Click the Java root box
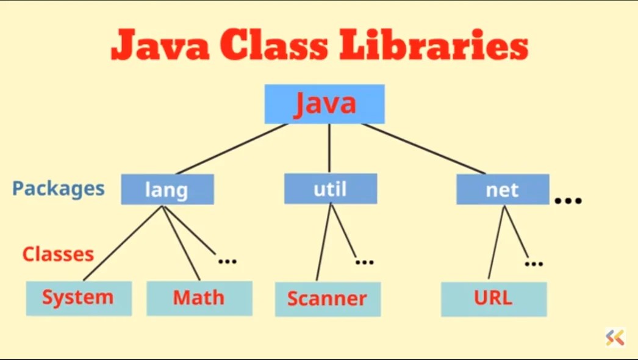324,104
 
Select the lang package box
167,189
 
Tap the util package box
330,189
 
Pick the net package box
502,189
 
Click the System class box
78,298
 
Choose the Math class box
199,298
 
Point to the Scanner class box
328,299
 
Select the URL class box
493,298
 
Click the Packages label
59,188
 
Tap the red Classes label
58,254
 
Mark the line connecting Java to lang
232,149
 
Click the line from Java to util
329,148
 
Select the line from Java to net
424,149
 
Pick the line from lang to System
122,243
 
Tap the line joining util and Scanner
323,243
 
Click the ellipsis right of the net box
568,200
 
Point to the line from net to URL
496,243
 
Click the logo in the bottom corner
615,337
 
